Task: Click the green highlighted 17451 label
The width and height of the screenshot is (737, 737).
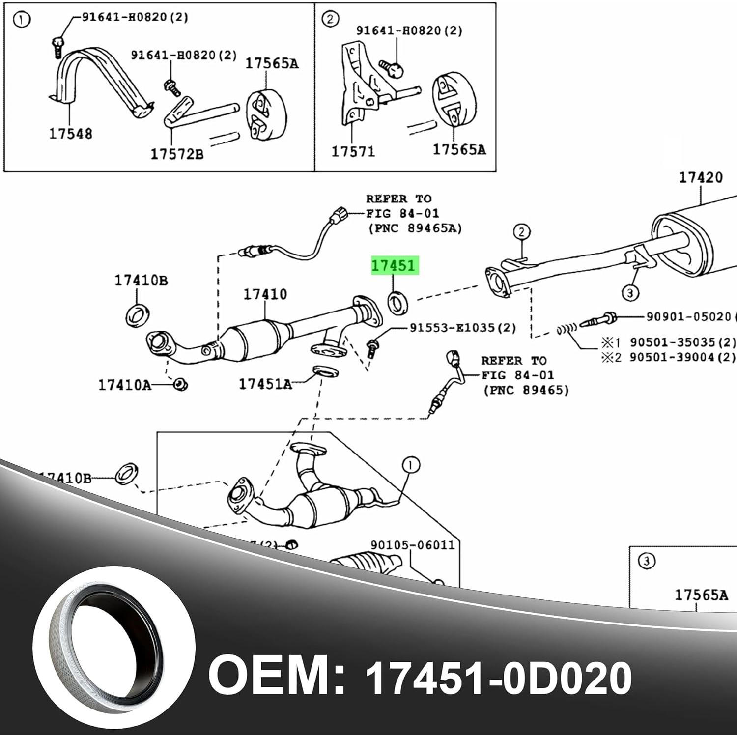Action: coord(394,266)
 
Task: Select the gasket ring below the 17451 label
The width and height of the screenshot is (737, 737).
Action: coord(398,303)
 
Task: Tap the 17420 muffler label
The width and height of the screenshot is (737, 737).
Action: coord(701,178)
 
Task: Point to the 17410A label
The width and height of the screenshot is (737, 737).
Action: coord(125,385)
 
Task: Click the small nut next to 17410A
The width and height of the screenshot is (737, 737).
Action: coord(180,384)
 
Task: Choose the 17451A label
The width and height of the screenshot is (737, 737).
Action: coord(265,384)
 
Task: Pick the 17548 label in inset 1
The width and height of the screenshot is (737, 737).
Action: coord(70,133)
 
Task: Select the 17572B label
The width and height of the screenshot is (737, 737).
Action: coord(176,154)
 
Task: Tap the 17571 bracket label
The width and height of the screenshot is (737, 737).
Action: coord(353,151)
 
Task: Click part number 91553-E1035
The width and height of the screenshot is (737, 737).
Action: coord(462,328)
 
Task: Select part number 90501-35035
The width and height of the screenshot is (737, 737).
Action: coord(682,342)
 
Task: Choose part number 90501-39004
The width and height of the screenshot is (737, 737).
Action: coord(682,357)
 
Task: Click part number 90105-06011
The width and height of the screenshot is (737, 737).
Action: coord(413,545)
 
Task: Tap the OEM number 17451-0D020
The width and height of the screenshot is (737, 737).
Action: coord(498,678)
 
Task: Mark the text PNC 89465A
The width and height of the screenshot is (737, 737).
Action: coord(415,228)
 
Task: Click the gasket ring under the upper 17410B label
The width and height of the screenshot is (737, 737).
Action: coord(138,315)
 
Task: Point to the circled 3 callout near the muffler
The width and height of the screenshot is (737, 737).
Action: coord(630,294)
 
